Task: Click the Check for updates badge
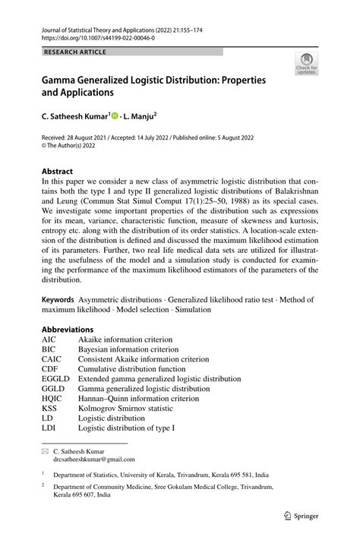pyautogui.click(x=308, y=64)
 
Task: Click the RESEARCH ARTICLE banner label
pyautogui.click(x=75, y=52)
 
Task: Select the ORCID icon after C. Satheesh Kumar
pyautogui.click(x=115, y=117)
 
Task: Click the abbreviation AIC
pyautogui.click(x=50, y=339)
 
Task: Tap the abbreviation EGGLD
pyautogui.click(x=55, y=378)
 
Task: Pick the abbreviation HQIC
pyautogui.click(x=53, y=398)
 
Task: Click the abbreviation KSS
pyautogui.click(x=50, y=408)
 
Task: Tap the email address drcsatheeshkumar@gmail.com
pyautogui.click(x=94, y=459)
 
